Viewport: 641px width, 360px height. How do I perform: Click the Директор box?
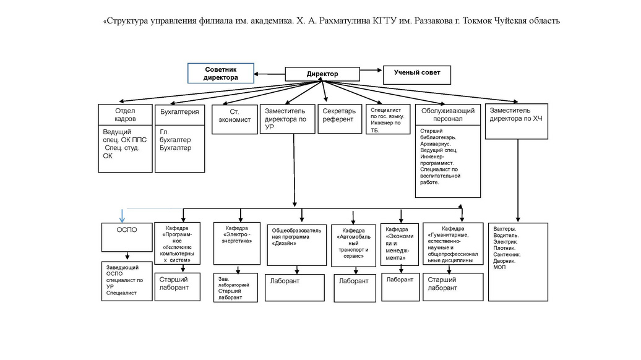322,74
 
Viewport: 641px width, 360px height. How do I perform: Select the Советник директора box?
221,74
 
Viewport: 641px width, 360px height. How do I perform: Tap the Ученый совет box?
418,74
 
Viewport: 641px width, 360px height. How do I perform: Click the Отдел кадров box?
125,114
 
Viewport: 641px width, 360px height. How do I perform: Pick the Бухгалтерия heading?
179,113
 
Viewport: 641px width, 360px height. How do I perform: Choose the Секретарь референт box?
339,116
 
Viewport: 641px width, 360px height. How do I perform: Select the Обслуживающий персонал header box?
447,114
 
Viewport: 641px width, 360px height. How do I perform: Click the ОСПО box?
127,237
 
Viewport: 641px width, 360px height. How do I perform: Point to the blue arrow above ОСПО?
122,215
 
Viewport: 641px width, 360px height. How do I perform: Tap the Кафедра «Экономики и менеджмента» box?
399,244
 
